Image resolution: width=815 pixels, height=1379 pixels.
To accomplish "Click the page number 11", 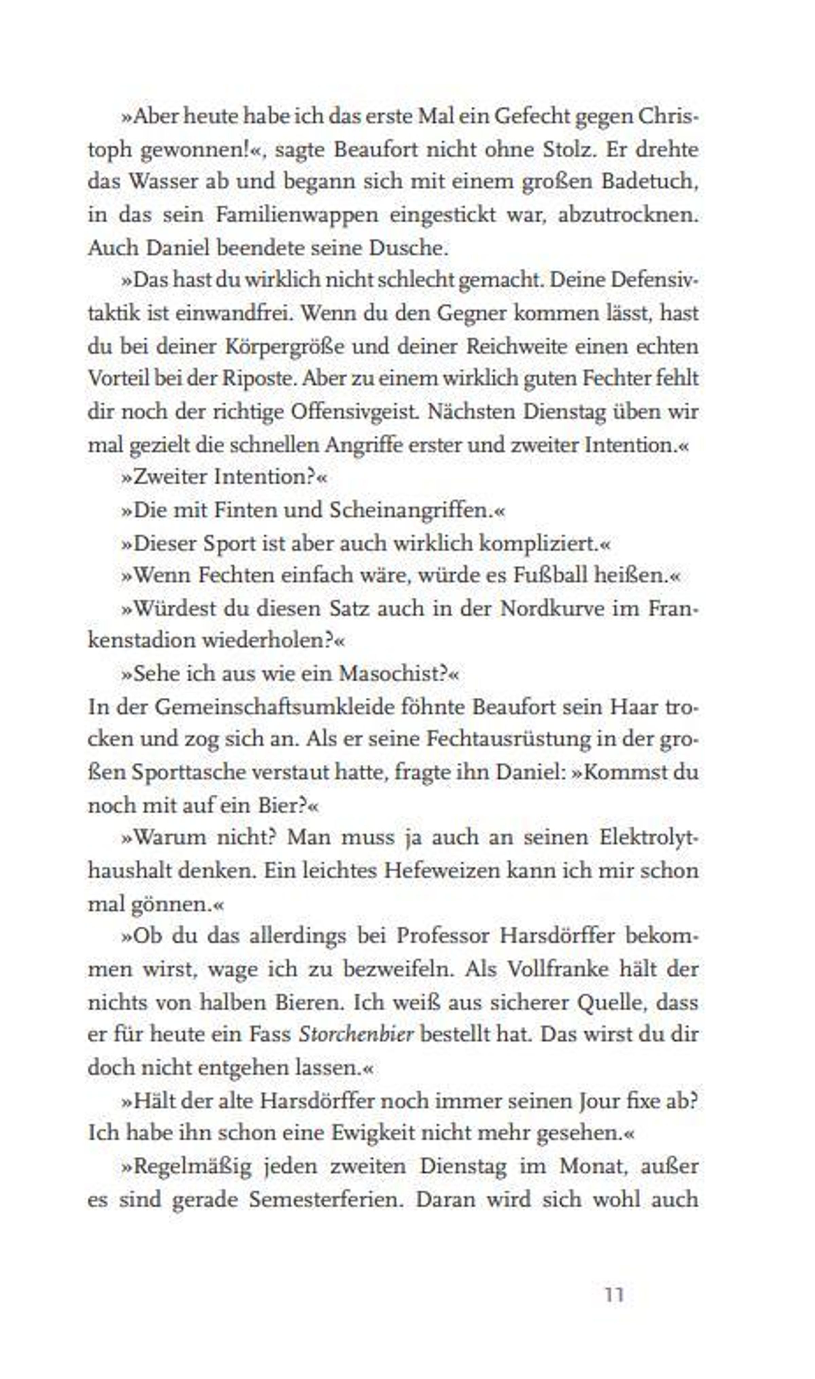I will coord(614,1294).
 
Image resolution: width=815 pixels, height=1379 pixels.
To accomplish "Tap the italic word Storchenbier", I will coord(356,1034).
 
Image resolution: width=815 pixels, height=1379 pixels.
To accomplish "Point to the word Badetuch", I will coord(649,182).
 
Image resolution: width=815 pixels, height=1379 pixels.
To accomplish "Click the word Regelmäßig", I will coord(192,1166).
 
